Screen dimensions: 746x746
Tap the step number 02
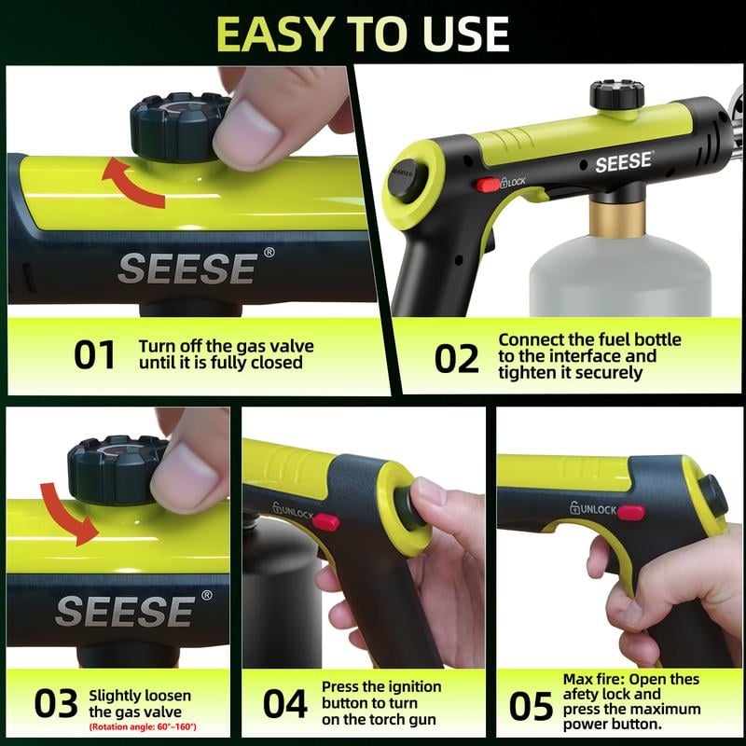[456, 357]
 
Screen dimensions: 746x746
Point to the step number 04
[285, 704]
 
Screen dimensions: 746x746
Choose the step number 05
[531, 706]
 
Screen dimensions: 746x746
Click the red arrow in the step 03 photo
[69, 510]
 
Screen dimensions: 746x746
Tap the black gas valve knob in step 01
[178, 126]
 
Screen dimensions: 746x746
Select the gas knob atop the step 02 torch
[616, 95]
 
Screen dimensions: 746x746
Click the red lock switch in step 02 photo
[488, 185]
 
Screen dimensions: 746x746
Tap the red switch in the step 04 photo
[325, 522]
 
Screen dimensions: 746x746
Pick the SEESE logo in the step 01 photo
[186, 269]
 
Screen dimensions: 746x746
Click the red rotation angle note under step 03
[142, 726]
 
